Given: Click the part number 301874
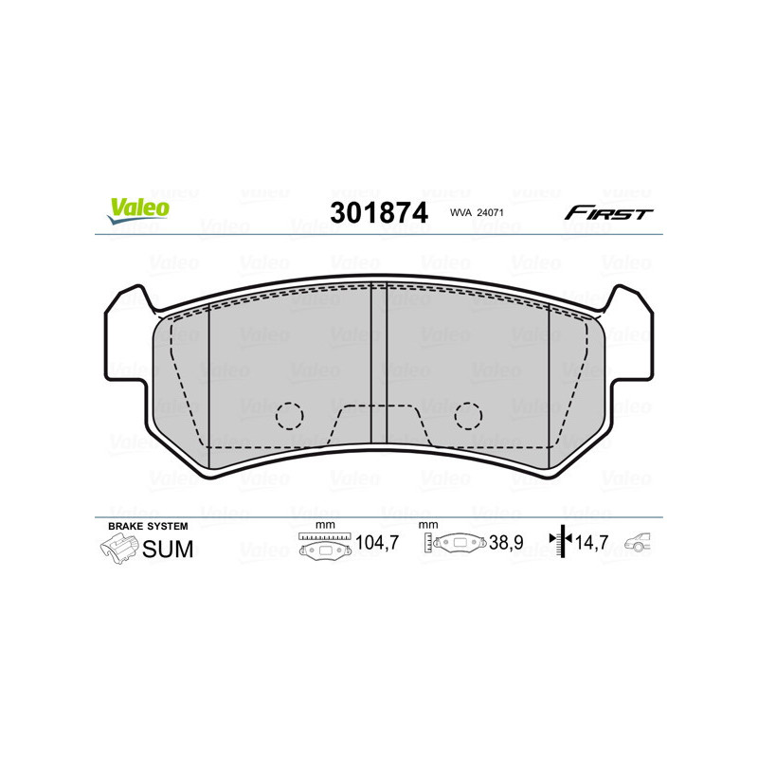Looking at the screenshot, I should (378, 213).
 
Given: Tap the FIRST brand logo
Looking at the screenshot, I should (608, 213).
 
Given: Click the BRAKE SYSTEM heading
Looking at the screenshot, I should (148, 525).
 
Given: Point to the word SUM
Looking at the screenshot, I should (168, 549).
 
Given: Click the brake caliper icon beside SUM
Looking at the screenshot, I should (118, 549).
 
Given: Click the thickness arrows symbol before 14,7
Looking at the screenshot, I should (562, 543).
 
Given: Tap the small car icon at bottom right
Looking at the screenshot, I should (641, 543).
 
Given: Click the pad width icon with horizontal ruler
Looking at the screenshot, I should (324, 545).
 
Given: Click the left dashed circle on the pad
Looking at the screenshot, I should (289, 415).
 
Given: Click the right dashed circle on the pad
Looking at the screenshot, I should (468, 415).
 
